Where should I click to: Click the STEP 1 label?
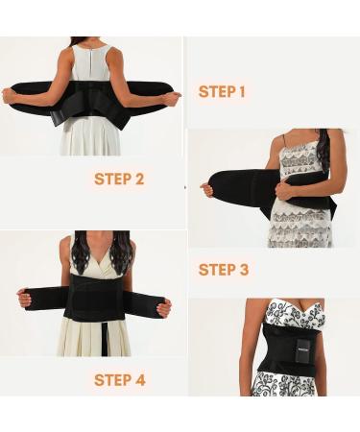point(222,92)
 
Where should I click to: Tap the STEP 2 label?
point(119,179)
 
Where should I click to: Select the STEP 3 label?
point(223,270)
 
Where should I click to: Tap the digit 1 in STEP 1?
point(241,92)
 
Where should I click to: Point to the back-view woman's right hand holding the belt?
point(170,97)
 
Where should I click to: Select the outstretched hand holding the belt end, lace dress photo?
point(207,190)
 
